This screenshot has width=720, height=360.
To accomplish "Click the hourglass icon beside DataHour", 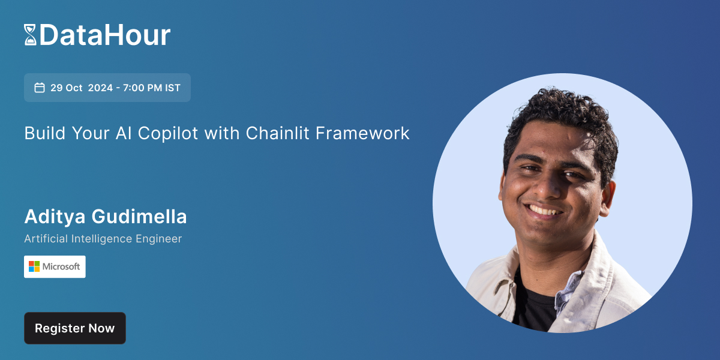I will coord(30,35).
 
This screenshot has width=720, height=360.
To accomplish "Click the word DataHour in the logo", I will coord(105,35).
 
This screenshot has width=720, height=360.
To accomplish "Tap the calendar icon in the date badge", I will coord(40,88).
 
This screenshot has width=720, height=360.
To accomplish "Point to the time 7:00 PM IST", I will coord(152,88).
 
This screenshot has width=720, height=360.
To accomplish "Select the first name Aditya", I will coord(54,217).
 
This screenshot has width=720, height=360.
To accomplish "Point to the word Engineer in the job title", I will coord(159,239).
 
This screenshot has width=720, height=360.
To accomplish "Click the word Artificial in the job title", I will coord(46,239).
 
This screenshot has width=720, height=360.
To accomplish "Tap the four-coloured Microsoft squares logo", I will coord(34,266).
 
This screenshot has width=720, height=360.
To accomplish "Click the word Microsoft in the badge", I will coord(61,266).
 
